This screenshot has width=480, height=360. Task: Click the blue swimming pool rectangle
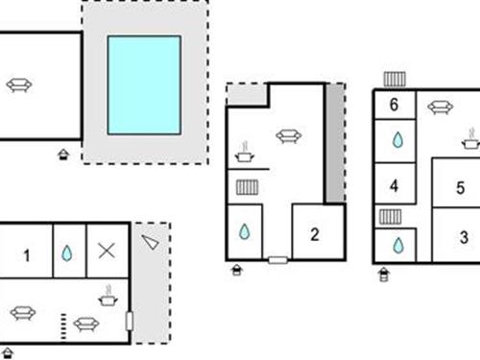pos(144,84)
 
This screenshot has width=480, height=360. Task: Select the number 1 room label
pos(27,255)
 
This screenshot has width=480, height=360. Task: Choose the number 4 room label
pos(460,188)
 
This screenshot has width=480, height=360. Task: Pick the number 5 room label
pos(394,105)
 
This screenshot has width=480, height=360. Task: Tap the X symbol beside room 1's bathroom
pos(107,252)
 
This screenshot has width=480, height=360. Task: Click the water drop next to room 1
pos(66,253)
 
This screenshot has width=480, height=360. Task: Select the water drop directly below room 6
pos(397,140)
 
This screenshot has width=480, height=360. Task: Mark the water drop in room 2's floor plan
pos(245,232)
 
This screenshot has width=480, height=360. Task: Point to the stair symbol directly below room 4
pos(390,217)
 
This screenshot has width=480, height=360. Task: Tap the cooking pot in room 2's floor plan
pos(246,152)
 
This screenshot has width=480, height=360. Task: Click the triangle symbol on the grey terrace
pos(150,242)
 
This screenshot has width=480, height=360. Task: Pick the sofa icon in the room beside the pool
pos(18,85)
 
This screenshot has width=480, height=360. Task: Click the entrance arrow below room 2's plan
pos(237,271)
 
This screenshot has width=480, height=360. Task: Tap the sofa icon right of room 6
pos(440,108)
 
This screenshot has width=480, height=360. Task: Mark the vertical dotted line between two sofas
pos(63,324)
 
